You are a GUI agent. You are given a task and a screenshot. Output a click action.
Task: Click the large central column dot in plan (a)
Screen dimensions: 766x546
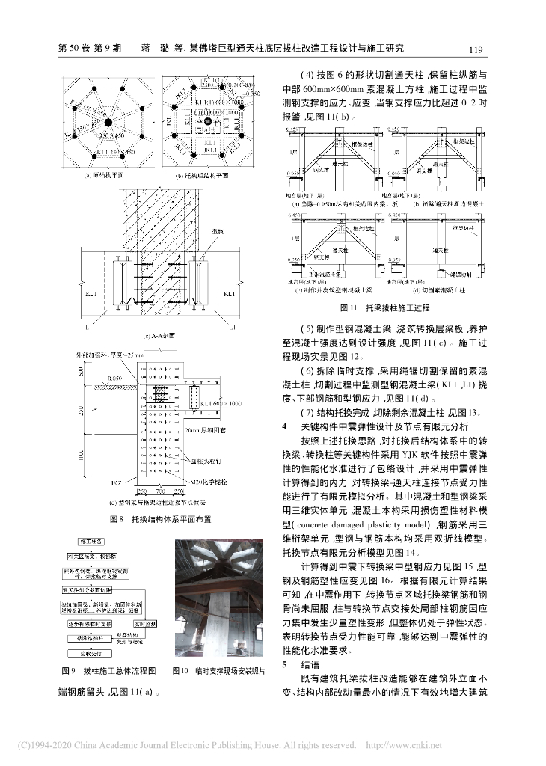(x=108, y=121)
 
